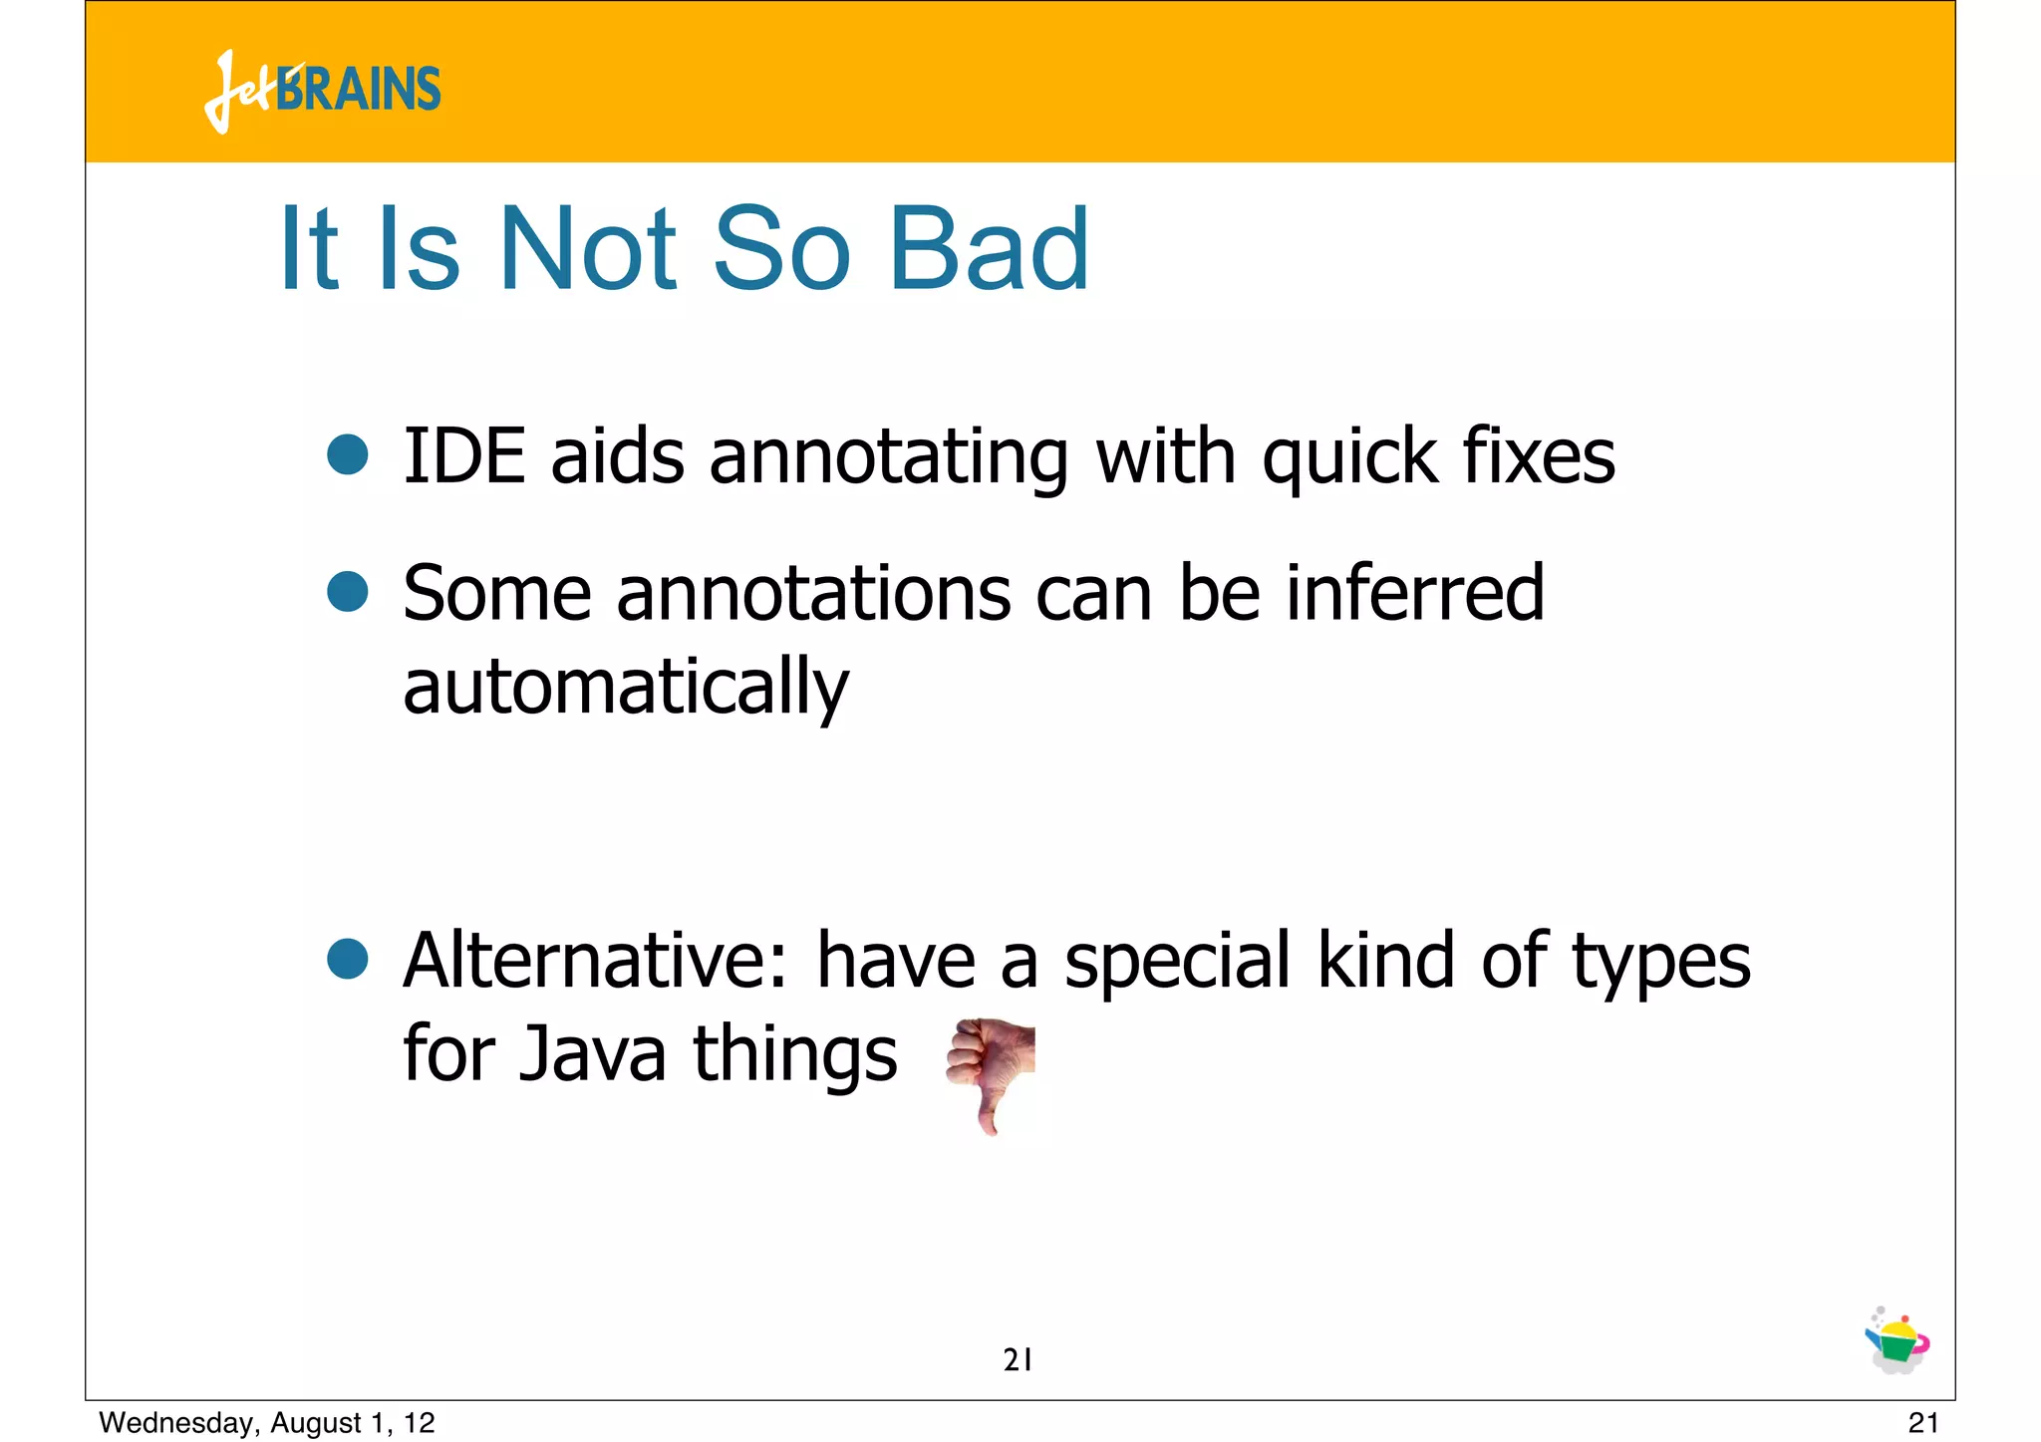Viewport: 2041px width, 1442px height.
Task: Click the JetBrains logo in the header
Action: (x=322, y=90)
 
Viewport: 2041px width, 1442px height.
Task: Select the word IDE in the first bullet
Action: (x=463, y=456)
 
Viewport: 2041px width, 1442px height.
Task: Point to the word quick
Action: (x=1349, y=458)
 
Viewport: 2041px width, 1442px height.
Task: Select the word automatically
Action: (x=626, y=688)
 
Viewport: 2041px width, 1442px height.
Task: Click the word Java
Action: (x=592, y=1054)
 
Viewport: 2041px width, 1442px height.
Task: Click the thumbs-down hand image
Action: (x=991, y=1071)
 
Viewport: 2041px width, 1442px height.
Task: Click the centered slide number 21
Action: (x=1018, y=1360)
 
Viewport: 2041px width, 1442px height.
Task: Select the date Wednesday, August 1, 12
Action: (x=267, y=1423)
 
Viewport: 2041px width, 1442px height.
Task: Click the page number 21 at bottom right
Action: (x=1922, y=1423)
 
